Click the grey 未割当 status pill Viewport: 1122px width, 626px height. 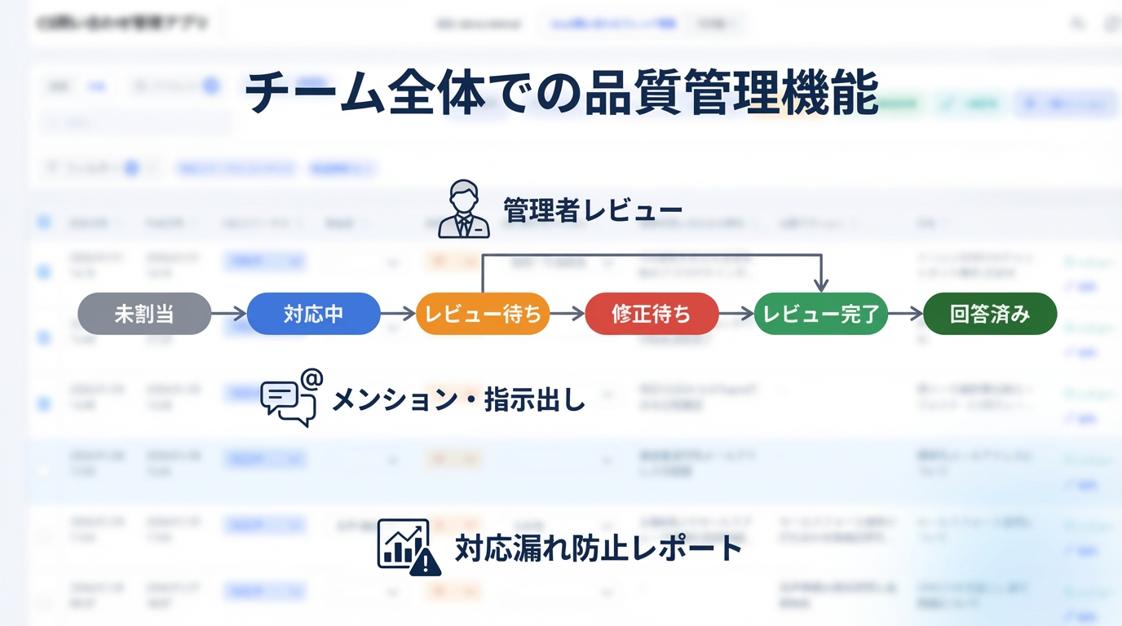tap(144, 314)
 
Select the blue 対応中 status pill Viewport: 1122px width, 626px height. tap(313, 314)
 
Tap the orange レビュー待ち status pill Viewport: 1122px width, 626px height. tap(483, 314)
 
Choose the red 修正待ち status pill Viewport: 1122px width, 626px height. tap(652, 314)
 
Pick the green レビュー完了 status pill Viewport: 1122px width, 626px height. tap(820, 314)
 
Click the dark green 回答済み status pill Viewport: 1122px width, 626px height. tap(990, 314)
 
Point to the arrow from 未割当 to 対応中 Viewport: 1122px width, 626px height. tap(229, 314)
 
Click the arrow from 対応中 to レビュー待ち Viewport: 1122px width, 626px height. tap(398, 314)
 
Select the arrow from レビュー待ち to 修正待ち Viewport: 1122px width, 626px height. tap(568, 314)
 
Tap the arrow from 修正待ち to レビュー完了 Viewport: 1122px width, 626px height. tap(736, 314)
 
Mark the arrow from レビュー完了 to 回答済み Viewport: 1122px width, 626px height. tap(905, 314)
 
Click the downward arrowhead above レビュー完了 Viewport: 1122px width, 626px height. tap(821, 285)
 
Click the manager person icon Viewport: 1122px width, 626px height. tap(463, 210)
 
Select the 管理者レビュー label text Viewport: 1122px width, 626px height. tap(593, 210)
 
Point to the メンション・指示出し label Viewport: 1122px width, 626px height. tap(458, 399)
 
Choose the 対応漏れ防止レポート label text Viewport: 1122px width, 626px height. tap(598, 548)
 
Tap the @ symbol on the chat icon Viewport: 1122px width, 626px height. tap(311, 379)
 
